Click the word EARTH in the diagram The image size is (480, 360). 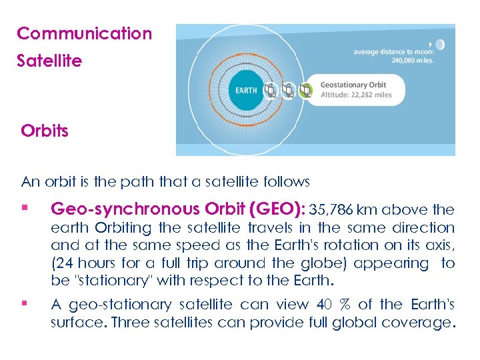[x=246, y=90]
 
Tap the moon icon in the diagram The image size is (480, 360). [x=439, y=45]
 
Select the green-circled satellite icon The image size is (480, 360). [x=305, y=90]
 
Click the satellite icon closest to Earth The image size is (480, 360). [x=270, y=90]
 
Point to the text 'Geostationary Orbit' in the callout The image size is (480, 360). [x=353, y=85]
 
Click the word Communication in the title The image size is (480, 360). [x=84, y=33]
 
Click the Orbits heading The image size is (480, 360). [x=45, y=131]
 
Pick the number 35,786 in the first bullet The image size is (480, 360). [x=333, y=210]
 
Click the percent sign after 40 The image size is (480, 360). [x=345, y=305]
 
